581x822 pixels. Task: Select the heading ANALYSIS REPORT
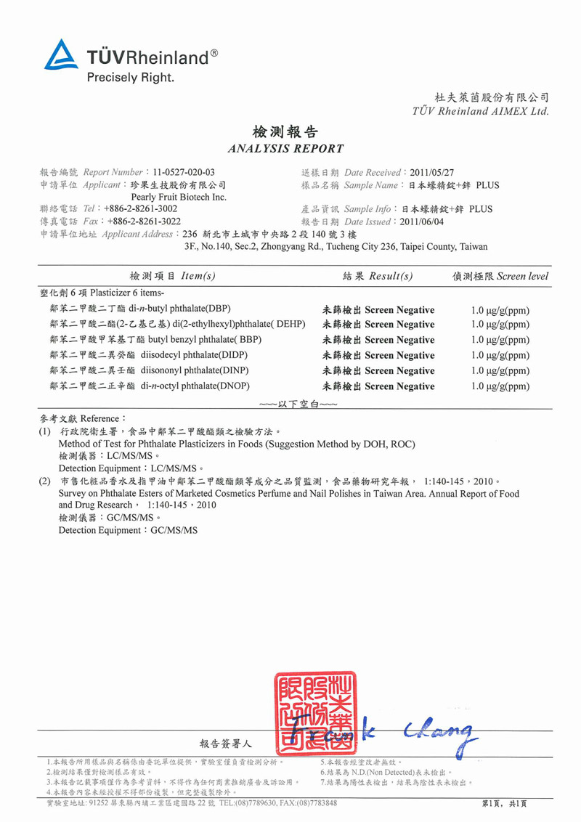pos(285,149)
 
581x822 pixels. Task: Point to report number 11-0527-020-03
pos(182,173)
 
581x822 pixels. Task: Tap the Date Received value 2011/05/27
pos(432,173)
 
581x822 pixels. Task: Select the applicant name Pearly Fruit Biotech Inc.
pos(179,197)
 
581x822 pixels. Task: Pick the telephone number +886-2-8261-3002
pos(141,209)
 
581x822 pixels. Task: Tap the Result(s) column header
pos(378,276)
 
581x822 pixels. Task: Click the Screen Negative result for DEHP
pos(378,324)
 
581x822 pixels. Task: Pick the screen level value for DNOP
pos(500,386)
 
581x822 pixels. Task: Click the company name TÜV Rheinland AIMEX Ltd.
pos(480,111)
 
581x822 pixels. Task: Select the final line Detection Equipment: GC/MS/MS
pos(128,531)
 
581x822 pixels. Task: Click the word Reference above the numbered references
pos(99,419)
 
